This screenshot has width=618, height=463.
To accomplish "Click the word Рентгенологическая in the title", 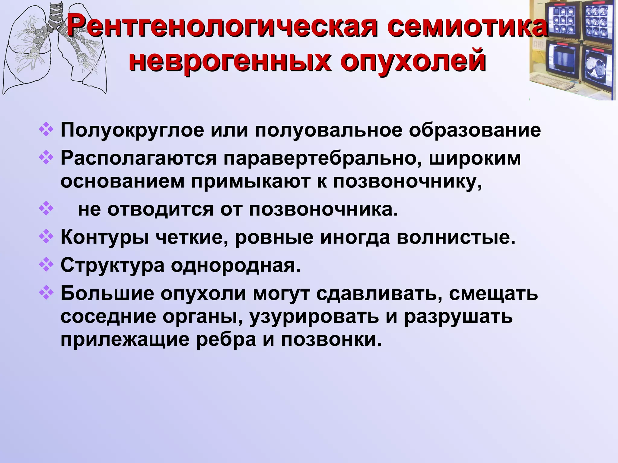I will (x=222, y=28).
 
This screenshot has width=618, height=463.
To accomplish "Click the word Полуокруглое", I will (x=132, y=130).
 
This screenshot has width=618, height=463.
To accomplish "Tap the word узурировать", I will (x=314, y=317).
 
